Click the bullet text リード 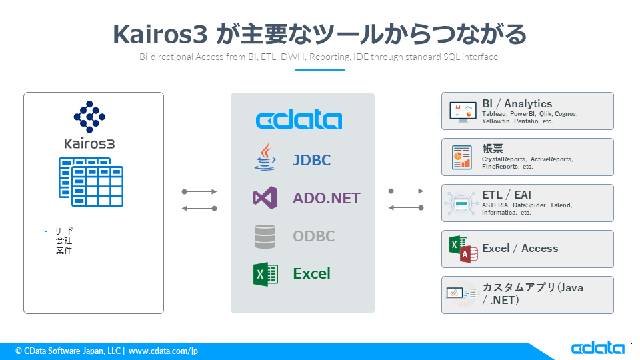point(64,231)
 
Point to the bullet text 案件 point(64,251)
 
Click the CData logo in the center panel point(299,120)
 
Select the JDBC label point(311,160)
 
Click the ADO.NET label point(327,198)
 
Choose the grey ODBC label point(314,236)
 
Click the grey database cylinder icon point(265,237)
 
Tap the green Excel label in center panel point(312,273)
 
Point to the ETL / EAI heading point(507,195)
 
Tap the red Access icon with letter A point(470,253)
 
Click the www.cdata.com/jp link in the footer point(163,351)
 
